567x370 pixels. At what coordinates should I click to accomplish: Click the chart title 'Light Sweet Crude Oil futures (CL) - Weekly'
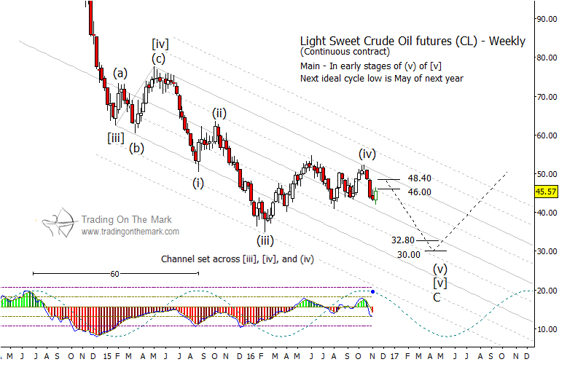click(412, 42)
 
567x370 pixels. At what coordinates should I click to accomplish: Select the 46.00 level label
click(420, 192)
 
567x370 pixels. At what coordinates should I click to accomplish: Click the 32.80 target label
click(403, 240)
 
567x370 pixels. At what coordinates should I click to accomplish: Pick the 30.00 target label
click(409, 254)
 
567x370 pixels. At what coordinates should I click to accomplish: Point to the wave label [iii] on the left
click(115, 136)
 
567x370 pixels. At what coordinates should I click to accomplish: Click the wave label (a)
click(120, 73)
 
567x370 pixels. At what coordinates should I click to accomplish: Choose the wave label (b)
click(136, 149)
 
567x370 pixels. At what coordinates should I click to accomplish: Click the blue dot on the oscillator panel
click(373, 291)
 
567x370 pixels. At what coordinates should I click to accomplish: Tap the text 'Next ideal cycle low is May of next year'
click(381, 78)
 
